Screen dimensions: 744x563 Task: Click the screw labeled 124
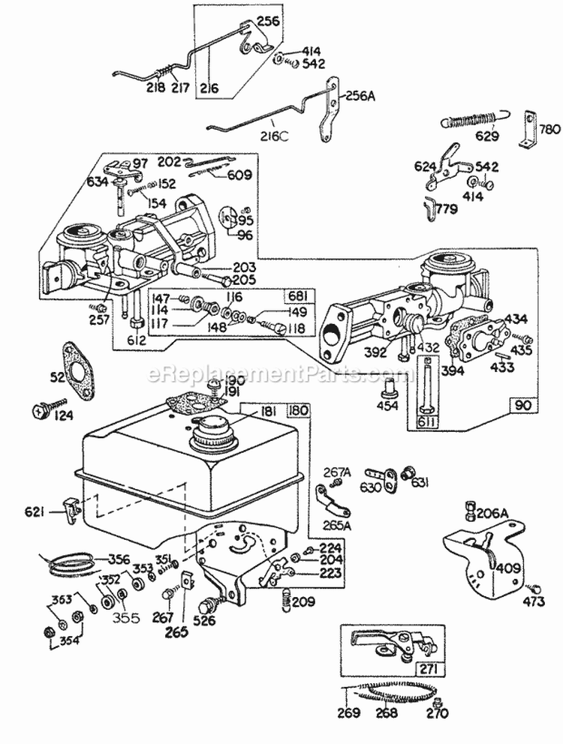40,409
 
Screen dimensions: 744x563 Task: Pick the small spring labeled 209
285,599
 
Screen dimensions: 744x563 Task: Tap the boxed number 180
297,411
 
